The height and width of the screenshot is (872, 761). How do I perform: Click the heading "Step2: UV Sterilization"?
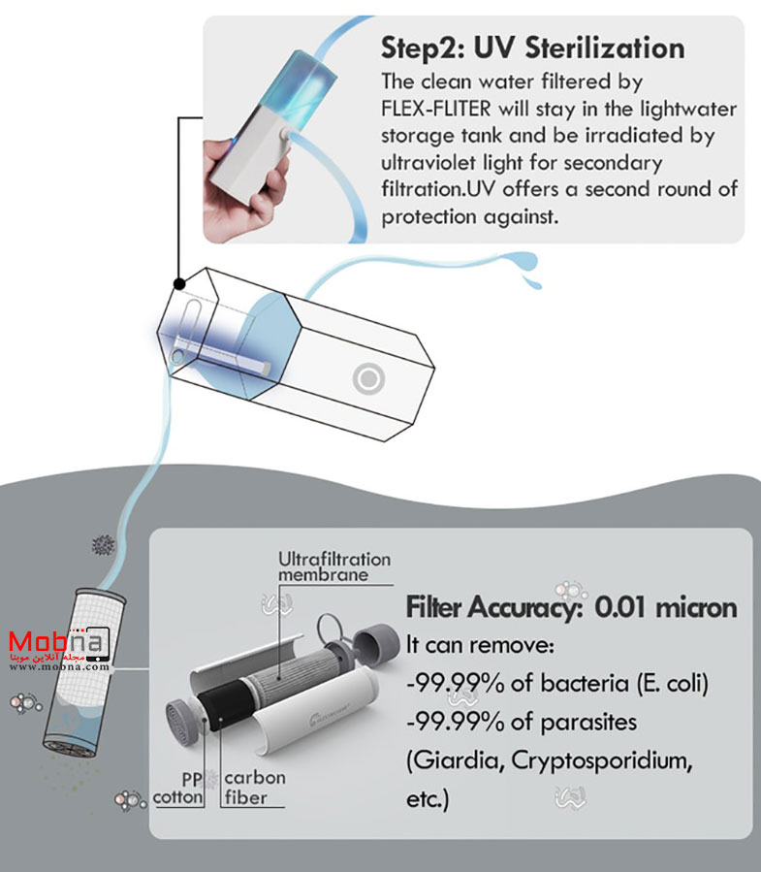pyautogui.click(x=532, y=48)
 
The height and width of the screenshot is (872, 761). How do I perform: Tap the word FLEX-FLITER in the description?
pyautogui.click(x=436, y=109)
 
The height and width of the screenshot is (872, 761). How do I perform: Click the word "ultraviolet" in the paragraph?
pyautogui.click(x=428, y=162)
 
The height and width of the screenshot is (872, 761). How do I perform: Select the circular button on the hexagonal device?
pyautogui.click(x=368, y=378)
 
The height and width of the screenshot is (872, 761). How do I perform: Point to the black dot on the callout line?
pyautogui.click(x=179, y=283)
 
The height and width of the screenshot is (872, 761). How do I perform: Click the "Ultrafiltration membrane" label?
pyautogui.click(x=334, y=566)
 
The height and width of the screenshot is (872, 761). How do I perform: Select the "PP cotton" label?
pyautogui.click(x=179, y=788)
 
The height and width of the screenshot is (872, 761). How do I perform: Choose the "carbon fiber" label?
pyautogui.click(x=255, y=788)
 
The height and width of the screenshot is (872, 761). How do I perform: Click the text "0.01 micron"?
pyautogui.click(x=665, y=607)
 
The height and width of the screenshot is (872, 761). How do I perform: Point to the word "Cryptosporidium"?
pyautogui.click(x=601, y=760)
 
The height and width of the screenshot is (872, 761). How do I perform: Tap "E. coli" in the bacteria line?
pyautogui.click(x=673, y=684)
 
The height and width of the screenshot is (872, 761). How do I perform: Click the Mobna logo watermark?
pyautogui.click(x=59, y=649)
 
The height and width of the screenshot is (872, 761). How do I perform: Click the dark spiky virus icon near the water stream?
pyautogui.click(x=104, y=545)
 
